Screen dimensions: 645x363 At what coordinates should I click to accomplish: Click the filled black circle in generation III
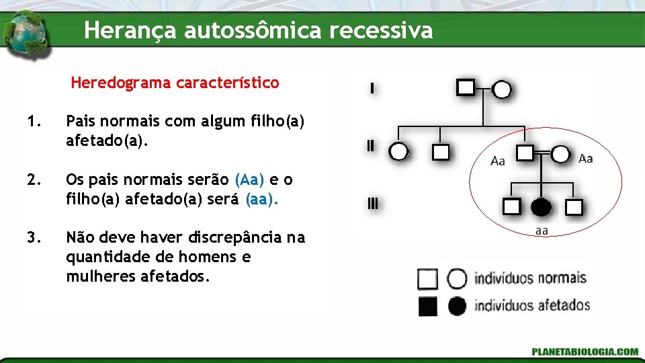[542, 207]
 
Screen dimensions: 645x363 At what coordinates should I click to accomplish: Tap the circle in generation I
[502, 89]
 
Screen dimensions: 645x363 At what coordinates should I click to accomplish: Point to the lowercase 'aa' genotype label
[542, 231]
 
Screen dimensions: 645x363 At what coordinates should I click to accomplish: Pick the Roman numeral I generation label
[372, 88]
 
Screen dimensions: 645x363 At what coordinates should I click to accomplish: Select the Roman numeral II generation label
[370, 146]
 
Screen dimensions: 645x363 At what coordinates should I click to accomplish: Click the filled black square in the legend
[427, 307]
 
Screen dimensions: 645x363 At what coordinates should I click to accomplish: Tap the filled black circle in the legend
[457, 307]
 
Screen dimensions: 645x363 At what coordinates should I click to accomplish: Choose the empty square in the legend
[427, 278]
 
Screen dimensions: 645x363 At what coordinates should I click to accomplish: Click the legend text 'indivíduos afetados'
[531, 306]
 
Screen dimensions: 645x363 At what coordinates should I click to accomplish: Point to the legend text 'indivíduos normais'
[530, 278]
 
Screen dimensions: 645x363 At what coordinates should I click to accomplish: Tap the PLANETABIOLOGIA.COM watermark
[585, 352]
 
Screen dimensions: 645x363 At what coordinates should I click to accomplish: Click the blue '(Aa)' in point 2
[250, 180]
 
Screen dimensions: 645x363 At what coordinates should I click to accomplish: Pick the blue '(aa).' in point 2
[261, 199]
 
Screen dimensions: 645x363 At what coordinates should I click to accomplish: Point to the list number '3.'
[34, 237]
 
